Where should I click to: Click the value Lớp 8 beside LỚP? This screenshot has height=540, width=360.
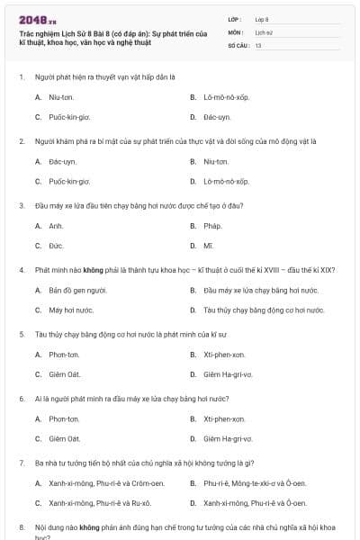click(262, 19)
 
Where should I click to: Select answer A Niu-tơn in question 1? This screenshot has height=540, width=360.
click(61, 96)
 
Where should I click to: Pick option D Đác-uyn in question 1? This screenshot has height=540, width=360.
click(217, 117)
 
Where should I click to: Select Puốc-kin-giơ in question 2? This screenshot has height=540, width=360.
click(69, 181)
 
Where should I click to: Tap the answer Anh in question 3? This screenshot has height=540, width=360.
click(56, 226)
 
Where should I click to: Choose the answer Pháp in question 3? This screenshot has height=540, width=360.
click(212, 226)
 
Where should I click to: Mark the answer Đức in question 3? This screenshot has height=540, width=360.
click(56, 246)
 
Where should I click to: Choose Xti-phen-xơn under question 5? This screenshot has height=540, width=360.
click(224, 354)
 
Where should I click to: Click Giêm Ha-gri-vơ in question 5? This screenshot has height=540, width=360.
click(228, 374)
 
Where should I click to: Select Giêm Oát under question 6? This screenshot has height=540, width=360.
click(64, 438)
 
